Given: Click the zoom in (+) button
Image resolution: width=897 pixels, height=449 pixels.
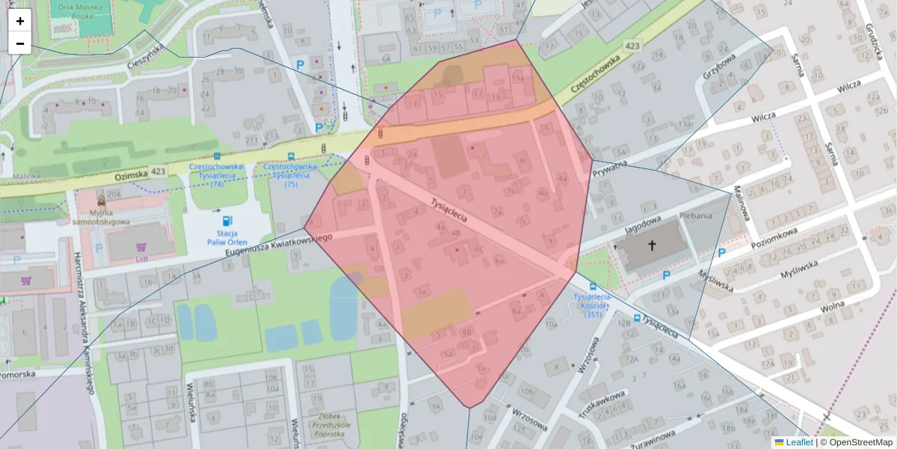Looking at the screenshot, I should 20,21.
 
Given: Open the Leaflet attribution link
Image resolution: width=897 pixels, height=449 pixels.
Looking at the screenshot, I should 798,442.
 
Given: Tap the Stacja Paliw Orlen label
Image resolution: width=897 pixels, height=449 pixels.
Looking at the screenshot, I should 227,237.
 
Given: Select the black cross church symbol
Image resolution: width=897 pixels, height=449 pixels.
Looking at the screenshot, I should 651,245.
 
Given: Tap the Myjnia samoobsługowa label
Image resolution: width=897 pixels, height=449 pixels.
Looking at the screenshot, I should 101,216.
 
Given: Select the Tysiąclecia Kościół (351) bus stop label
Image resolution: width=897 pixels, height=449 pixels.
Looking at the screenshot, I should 594,305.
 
